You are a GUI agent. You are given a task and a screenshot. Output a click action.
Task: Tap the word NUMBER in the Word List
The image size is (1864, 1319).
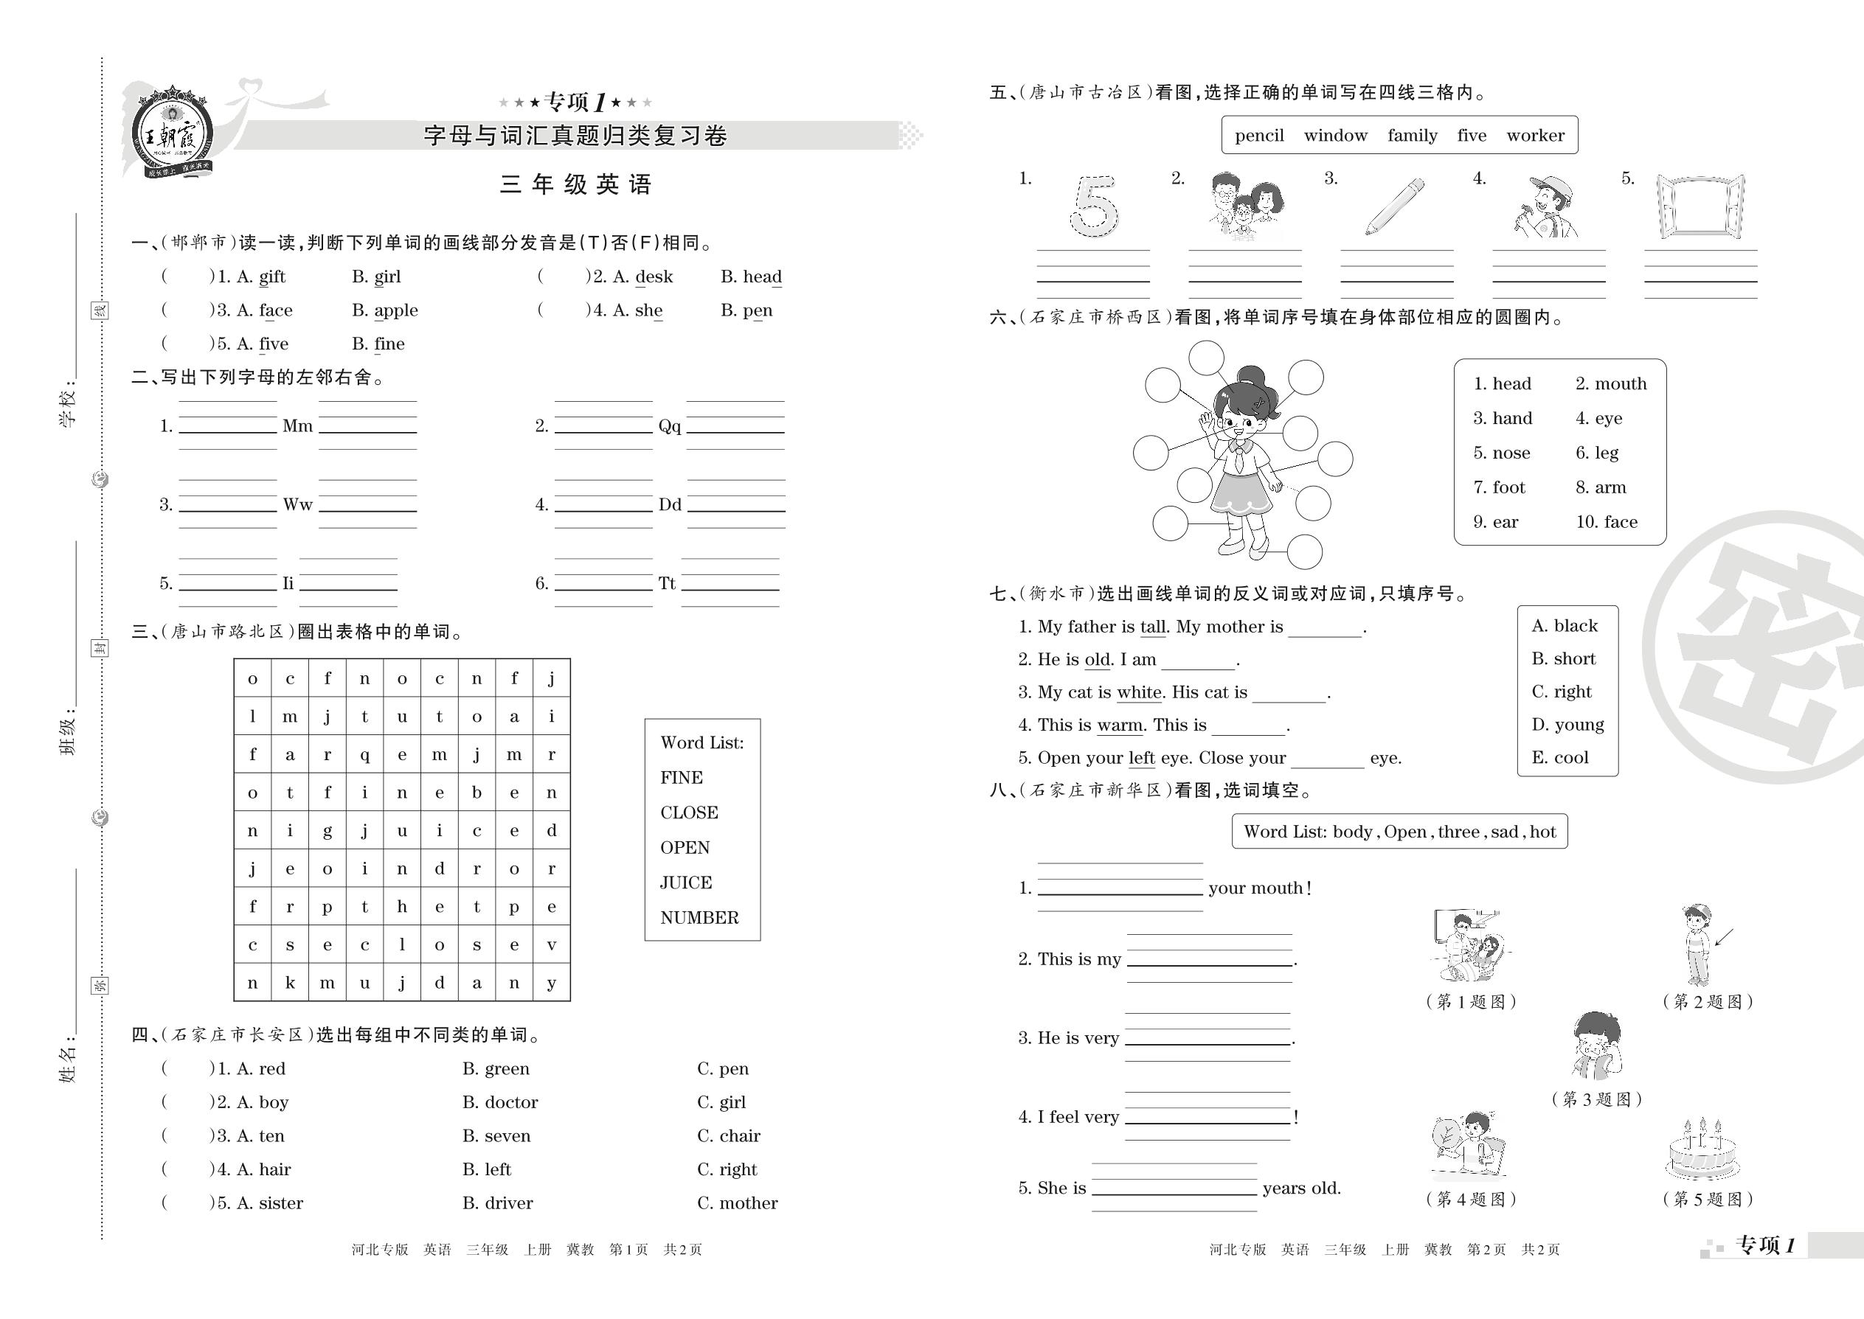click(x=699, y=918)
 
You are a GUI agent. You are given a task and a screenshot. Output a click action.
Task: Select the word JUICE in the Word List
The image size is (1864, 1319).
click(x=686, y=883)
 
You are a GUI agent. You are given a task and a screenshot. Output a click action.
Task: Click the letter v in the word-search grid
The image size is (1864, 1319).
click(x=552, y=944)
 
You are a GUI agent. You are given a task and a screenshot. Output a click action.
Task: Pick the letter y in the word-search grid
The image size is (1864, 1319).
click(x=552, y=983)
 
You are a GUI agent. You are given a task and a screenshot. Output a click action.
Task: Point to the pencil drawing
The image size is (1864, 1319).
click(x=1394, y=206)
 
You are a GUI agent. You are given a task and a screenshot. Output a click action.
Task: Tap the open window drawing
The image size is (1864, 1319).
click(x=1700, y=206)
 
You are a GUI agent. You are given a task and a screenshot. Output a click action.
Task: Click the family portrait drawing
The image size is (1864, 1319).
click(x=1244, y=206)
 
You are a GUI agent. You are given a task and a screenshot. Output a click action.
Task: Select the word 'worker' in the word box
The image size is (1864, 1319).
click(x=1535, y=136)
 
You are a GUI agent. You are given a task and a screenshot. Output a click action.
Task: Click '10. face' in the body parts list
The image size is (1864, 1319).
click(x=1607, y=522)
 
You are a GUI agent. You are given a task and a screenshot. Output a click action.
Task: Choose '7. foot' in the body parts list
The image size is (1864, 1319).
click(x=1499, y=487)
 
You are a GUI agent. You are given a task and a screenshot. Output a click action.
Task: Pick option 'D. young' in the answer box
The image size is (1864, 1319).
click(x=1567, y=725)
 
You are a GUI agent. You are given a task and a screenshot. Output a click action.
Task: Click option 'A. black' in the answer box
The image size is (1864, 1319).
click(x=1565, y=626)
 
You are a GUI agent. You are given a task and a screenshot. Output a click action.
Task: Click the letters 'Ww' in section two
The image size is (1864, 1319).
click(x=297, y=504)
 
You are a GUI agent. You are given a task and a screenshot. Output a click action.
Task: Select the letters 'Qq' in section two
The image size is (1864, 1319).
click(x=670, y=425)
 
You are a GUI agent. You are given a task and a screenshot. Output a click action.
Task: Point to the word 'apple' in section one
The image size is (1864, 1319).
click(x=395, y=310)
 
